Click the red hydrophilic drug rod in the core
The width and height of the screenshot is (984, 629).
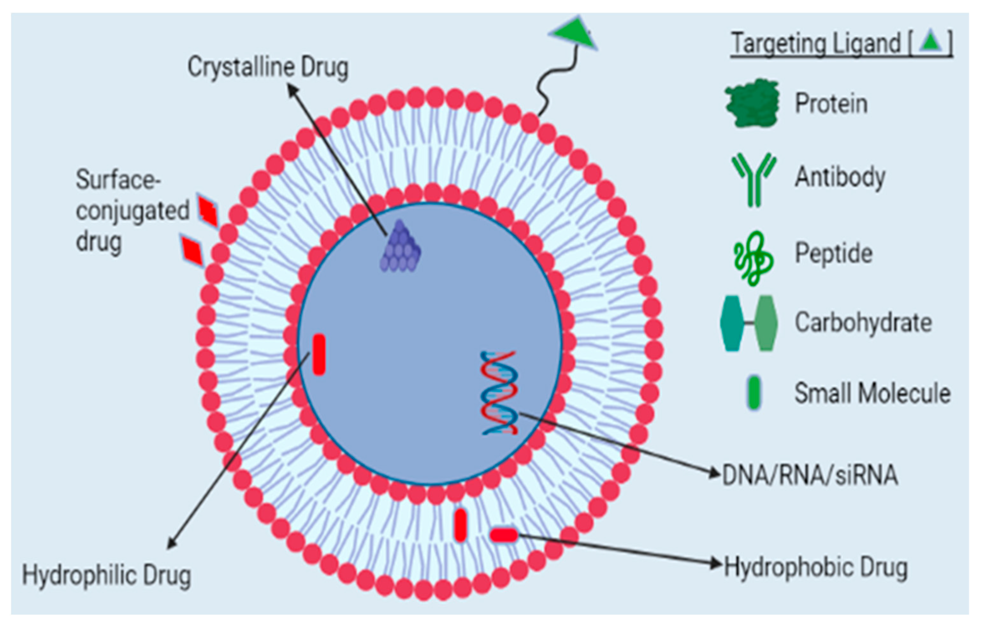[319, 354]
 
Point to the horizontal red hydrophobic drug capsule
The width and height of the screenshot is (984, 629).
[504, 535]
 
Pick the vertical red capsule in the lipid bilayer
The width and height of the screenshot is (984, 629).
[460, 525]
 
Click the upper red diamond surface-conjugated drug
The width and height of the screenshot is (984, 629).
[208, 211]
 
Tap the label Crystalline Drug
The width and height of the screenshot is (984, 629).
[268, 67]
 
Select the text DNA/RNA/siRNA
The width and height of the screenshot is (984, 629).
[809, 475]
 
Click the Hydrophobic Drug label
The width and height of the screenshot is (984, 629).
[815, 568]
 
